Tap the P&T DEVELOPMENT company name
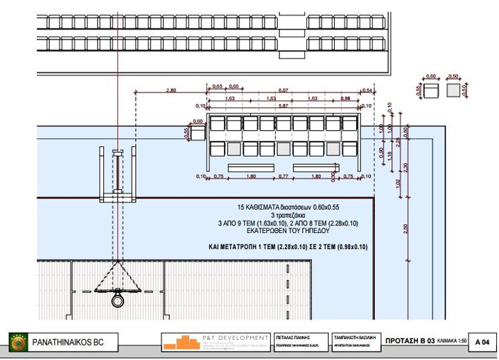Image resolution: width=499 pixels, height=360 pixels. tap(228, 335)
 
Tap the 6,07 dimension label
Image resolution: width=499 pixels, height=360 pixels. tap(283, 90)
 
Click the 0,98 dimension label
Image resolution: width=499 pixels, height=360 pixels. tap(345, 99)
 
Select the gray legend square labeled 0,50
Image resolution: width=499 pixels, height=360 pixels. tap(455, 90)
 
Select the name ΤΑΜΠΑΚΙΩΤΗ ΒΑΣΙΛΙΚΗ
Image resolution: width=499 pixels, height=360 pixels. tap(353, 334)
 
